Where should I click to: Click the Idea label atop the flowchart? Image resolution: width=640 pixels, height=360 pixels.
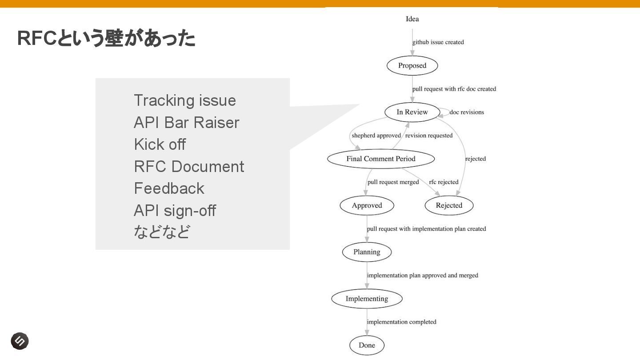(x=412, y=19)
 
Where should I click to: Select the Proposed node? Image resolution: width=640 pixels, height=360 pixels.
(x=412, y=66)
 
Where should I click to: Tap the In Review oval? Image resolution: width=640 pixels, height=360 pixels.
(x=412, y=112)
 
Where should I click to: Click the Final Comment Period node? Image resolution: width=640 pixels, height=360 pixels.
(x=380, y=159)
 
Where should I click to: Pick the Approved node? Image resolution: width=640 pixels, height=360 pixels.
(x=367, y=205)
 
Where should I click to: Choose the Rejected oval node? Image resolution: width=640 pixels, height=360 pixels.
(x=449, y=205)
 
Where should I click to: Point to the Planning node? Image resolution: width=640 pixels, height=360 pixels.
(x=367, y=252)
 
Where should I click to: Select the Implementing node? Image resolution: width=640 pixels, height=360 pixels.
(x=367, y=299)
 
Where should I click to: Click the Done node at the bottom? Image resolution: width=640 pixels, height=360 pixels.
(x=367, y=345)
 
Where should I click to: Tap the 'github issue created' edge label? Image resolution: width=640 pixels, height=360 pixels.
(x=438, y=42)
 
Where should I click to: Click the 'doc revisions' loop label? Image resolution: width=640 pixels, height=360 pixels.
(x=467, y=112)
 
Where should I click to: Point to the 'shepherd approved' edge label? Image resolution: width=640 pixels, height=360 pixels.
(x=376, y=136)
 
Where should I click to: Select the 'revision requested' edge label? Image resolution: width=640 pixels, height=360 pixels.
(x=429, y=136)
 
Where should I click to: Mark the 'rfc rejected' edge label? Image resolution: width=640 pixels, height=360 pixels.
(x=444, y=182)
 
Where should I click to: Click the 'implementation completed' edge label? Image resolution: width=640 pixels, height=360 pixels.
(x=402, y=322)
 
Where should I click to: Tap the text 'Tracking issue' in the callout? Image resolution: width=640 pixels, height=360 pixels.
(x=185, y=100)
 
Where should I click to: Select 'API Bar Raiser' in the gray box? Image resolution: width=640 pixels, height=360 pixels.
(x=187, y=123)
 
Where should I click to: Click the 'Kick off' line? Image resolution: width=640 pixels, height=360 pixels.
(x=160, y=144)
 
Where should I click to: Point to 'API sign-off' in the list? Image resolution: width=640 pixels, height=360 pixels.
(x=175, y=210)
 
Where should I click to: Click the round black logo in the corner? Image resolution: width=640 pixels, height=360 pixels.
(x=20, y=341)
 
